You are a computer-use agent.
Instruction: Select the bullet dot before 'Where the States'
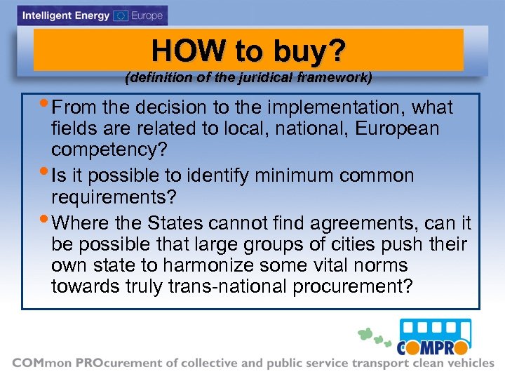pos(46,221)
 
